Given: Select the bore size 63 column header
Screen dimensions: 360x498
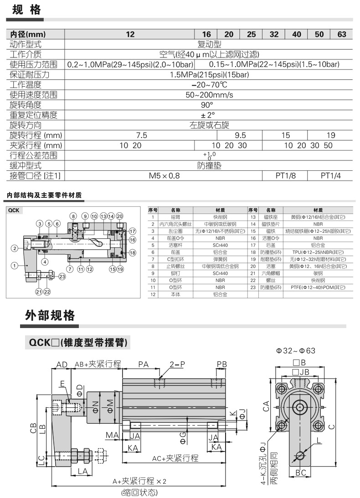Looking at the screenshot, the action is tap(341, 35).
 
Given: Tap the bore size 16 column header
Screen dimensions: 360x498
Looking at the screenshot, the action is tap(206, 35).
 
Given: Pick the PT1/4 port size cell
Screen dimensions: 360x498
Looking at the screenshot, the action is tap(331, 175).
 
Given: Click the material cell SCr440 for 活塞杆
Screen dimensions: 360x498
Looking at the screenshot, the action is tap(220, 244).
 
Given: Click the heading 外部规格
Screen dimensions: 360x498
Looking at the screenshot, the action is tap(50, 315).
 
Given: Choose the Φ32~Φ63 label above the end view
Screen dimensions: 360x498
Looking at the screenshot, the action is tap(296, 350).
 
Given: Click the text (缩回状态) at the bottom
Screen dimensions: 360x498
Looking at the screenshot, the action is tap(139, 493).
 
